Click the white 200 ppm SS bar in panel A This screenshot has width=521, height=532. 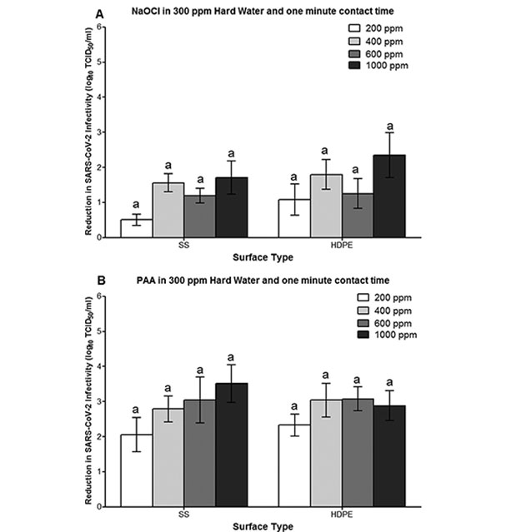pyautogui.click(x=136, y=228)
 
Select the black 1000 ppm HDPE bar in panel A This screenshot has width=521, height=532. pyautogui.click(x=389, y=196)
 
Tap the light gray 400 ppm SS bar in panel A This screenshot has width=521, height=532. pyautogui.click(x=168, y=211)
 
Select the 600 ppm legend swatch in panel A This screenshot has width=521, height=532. pyautogui.click(x=358, y=53)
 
